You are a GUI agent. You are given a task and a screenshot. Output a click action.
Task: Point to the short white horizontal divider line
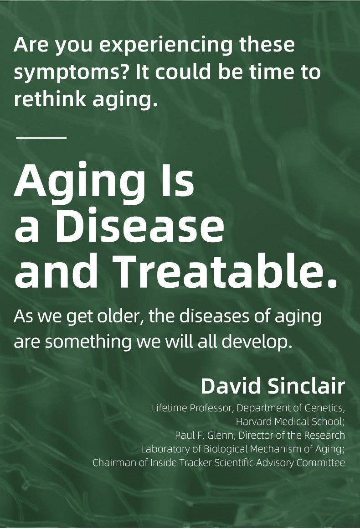(x=41, y=138)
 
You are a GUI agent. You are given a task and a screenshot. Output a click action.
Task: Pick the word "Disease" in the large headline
(x=139, y=226)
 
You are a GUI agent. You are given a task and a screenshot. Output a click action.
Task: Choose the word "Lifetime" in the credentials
(x=170, y=408)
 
